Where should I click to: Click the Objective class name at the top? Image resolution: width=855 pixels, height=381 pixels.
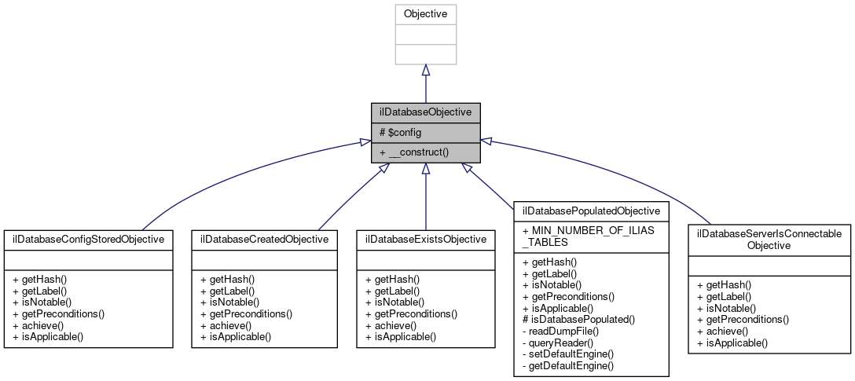425,14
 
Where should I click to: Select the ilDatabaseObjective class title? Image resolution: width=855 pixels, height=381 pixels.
425,112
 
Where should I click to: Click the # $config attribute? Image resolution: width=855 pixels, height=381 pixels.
401,133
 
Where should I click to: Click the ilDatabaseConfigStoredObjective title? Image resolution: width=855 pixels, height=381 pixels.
88,239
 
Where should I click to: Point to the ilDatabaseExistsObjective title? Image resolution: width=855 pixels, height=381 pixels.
425,239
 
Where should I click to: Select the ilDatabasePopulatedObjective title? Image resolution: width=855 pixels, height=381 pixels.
591,211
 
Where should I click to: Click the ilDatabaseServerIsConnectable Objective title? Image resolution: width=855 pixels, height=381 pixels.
769,240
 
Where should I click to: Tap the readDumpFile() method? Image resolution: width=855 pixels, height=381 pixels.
559,332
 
